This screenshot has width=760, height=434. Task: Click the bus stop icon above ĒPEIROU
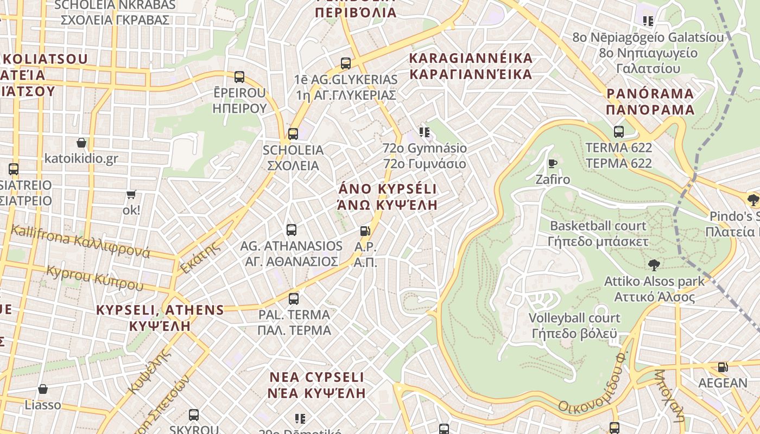(239, 77)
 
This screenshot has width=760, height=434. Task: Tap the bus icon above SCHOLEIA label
(293, 133)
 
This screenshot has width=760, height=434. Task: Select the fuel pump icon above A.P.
(365, 231)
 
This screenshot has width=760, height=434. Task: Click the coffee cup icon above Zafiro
(553, 163)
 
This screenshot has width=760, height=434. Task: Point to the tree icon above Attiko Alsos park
(654, 265)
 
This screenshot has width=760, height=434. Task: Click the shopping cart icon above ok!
(131, 194)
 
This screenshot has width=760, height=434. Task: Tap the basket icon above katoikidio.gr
(81, 143)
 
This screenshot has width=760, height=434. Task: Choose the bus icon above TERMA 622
(619, 131)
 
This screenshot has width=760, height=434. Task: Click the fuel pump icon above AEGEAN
(723, 367)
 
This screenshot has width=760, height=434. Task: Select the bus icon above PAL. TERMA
(294, 298)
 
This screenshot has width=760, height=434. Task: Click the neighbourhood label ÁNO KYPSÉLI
(388, 189)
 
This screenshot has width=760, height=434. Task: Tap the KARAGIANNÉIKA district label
(471, 59)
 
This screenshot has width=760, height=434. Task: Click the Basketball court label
(598, 226)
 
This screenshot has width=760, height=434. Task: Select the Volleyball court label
(574, 318)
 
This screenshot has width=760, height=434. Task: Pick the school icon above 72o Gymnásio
(425, 132)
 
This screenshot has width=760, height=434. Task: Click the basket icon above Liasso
(43, 389)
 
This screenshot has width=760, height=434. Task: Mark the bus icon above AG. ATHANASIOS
(292, 229)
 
